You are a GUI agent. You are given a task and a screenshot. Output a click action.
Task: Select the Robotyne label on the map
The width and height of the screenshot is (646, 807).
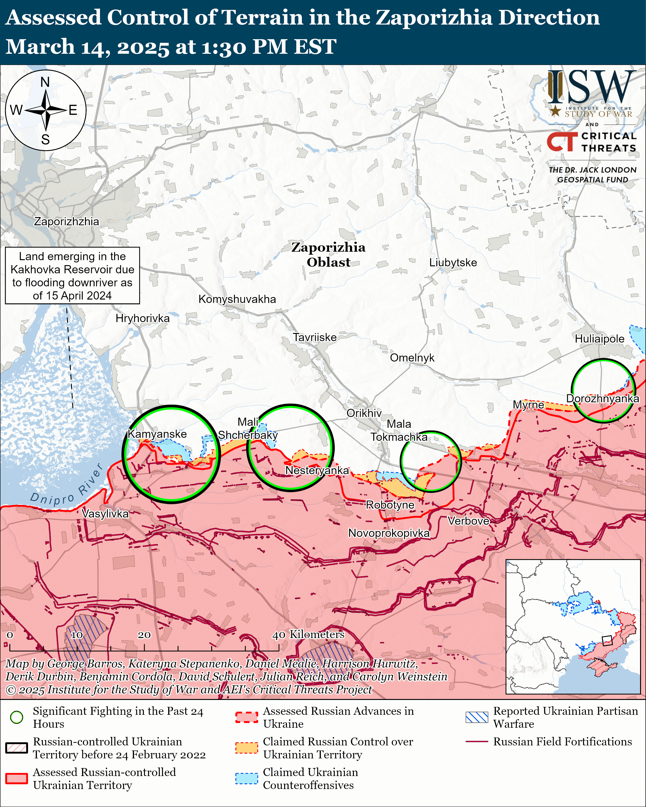(390, 505)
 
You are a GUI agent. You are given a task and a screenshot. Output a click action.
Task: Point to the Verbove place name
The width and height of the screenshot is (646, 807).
(468, 521)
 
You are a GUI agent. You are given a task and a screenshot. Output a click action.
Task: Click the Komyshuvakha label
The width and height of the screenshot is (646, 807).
(237, 299)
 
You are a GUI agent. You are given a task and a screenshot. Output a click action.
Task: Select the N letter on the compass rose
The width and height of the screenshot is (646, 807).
(45, 82)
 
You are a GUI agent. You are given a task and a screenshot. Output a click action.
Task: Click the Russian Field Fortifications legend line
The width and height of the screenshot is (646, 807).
(477, 741)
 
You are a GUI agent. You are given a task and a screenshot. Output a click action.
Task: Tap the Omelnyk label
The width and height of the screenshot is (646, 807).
(412, 358)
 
